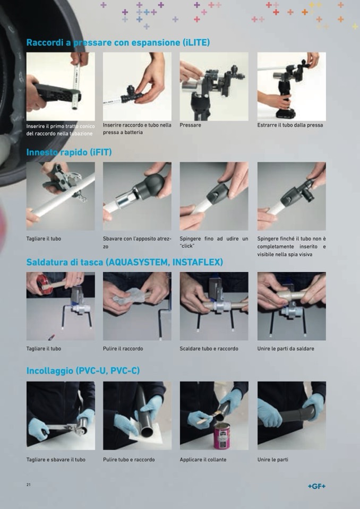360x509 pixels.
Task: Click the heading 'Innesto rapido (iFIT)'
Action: pyautogui.click(x=69, y=152)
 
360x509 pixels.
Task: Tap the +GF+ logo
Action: pyautogui.click(x=316, y=486)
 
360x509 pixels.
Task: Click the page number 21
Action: pyautogui.click(x=29, y=485)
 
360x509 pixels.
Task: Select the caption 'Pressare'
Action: pyautogui.click(x=190, y=125)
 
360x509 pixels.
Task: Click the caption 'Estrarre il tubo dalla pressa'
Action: pyautogui.click(x=290, y=125)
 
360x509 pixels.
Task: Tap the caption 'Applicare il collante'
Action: pyautogui.click(x=203, y=460)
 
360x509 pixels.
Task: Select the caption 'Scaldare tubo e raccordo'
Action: pyautogui.click(x=209, y=349)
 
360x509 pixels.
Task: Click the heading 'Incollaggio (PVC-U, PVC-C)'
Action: pyautogui.click(x=83, y=370)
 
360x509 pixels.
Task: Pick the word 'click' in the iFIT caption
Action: pyautogui.click(x=187, y=246)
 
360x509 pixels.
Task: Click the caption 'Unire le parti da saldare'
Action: pyautogui.click(x=286, y=349)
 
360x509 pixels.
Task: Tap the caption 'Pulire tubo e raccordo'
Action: pyautogui.click(x=129, y=460)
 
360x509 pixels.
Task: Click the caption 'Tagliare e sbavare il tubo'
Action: pyautogui.click(x=56, y=460)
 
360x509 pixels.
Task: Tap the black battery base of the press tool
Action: pyautogui.click(x=286, y=114)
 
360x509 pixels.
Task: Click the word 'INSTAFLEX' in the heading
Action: pyautogui.click(x=198, y=262)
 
